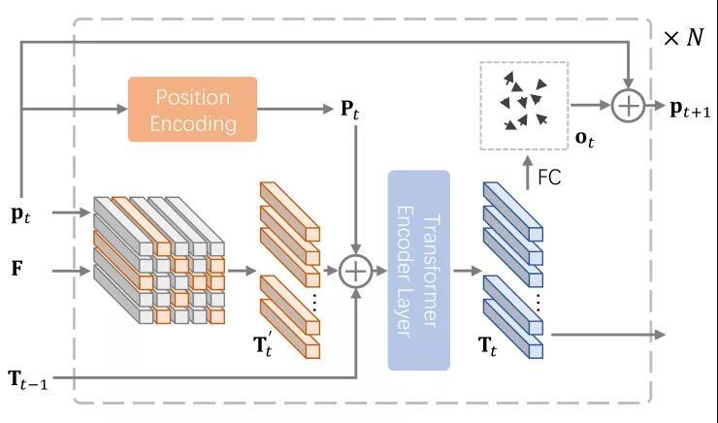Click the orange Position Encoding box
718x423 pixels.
click(192, 110)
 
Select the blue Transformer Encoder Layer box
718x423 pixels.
click(419, 270)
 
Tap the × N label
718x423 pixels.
click(682, 38)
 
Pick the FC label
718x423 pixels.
click(549, 179)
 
